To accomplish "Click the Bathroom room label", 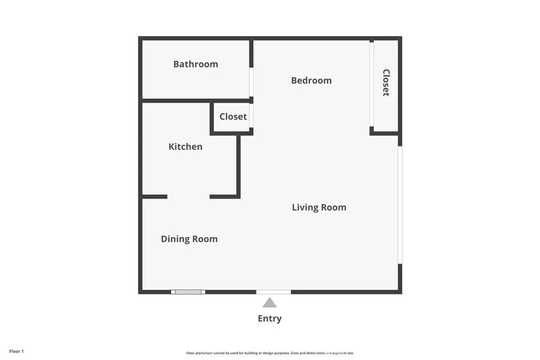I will click(196, 64).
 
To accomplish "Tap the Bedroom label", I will click(311, 81).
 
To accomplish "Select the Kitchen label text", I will click(185, 147).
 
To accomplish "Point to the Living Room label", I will click(319, 208).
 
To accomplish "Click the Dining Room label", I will click(189, 239).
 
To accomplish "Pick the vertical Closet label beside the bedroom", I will click(386, 83).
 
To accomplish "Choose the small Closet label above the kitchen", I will click(233, 117).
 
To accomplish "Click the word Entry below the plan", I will click(269, 318).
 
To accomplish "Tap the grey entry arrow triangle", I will click(269, 303).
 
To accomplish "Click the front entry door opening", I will click(273, 291).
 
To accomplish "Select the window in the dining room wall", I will click(188, 291).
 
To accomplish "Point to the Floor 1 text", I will click(16, 351).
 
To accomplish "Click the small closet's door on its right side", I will click(252, 116).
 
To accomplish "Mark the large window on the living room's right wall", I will click(400, 205).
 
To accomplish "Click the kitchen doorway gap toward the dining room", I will click(188, 197).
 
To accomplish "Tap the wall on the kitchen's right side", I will click(238, 166).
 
